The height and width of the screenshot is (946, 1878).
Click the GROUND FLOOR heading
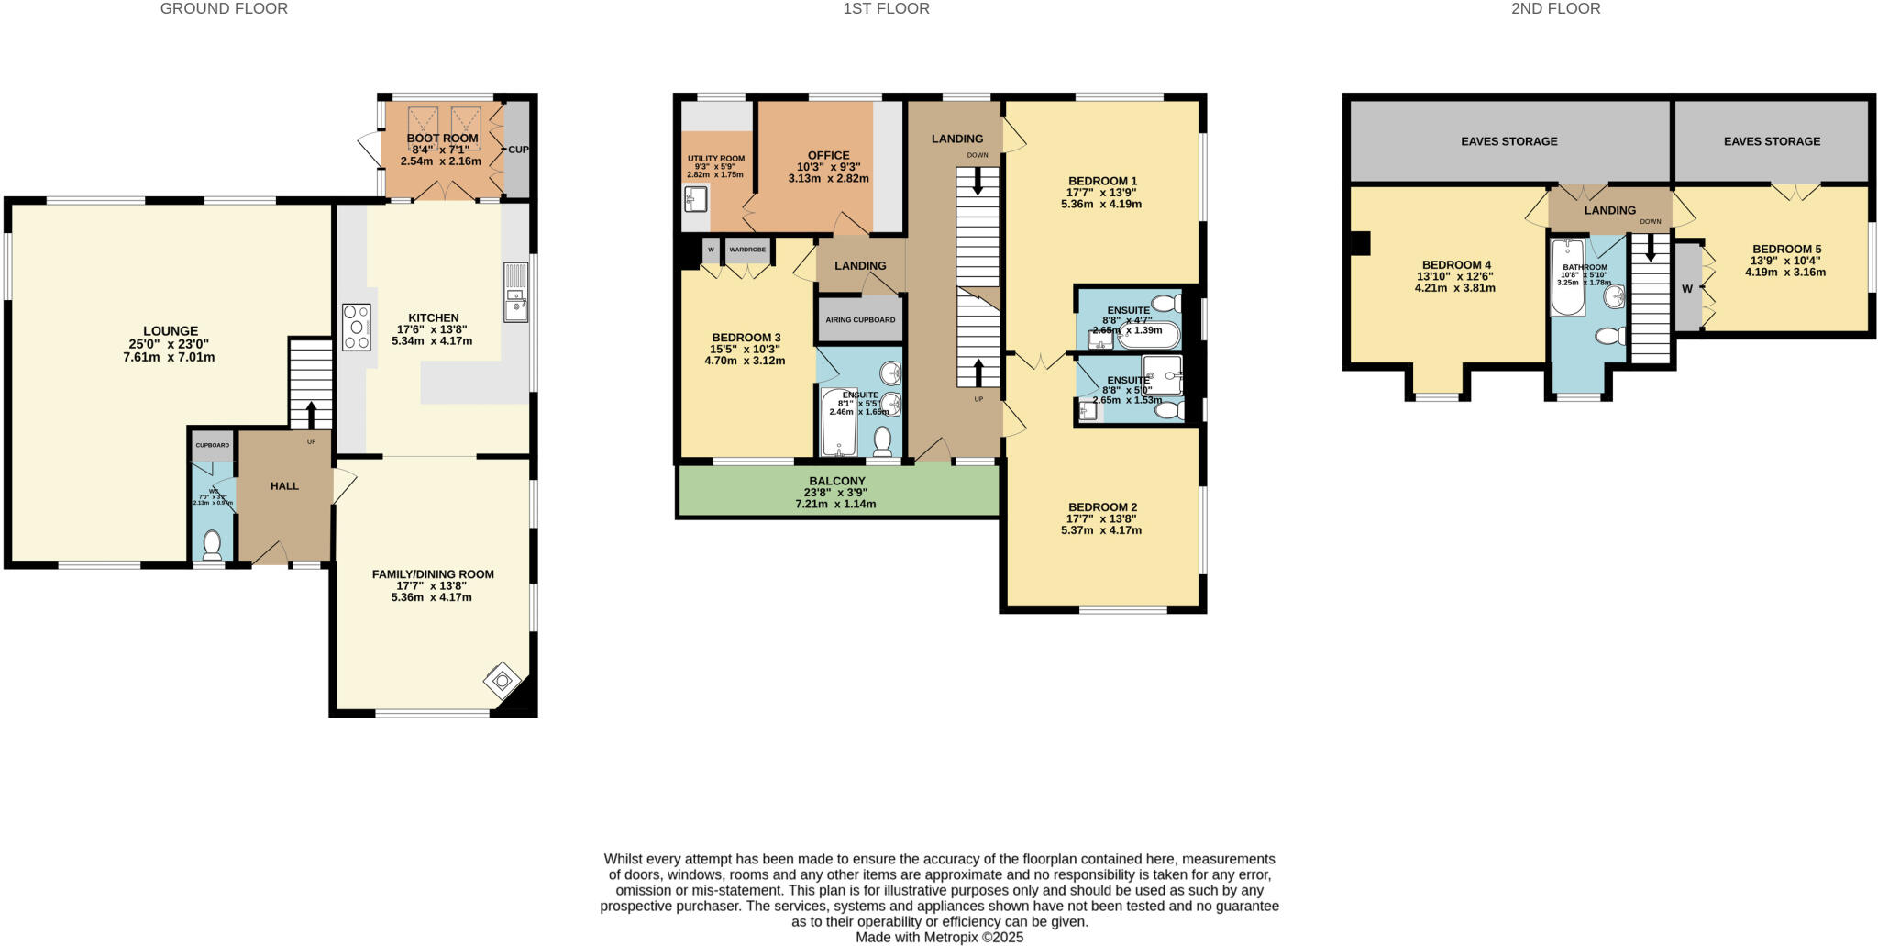coord(224,9)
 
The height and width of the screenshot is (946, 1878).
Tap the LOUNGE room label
coord(171,331)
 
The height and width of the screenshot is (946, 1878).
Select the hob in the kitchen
coord(357,328)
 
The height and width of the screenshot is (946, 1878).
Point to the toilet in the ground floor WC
coord(213,544)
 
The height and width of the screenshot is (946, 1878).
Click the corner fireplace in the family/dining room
coord(503,682)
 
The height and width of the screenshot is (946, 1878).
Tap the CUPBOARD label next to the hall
coord(212,445)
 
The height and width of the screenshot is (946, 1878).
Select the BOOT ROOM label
coord(442,139)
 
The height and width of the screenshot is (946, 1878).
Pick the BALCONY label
coord(836,481)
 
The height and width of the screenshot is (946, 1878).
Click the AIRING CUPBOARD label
coord(860,320)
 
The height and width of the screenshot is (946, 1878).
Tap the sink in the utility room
coord(695,199)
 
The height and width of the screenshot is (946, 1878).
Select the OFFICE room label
coord(828,156)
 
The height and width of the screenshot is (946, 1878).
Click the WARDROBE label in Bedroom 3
coord(747,250)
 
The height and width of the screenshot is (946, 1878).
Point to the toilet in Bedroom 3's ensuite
coord(882,441)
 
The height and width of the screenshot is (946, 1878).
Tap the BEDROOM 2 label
coord(1102,507)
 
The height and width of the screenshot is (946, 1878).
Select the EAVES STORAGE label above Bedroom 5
coord(1772,141)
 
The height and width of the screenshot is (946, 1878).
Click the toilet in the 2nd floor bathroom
coord(1608,337)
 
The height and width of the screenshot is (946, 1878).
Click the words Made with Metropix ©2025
coord(939,938)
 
